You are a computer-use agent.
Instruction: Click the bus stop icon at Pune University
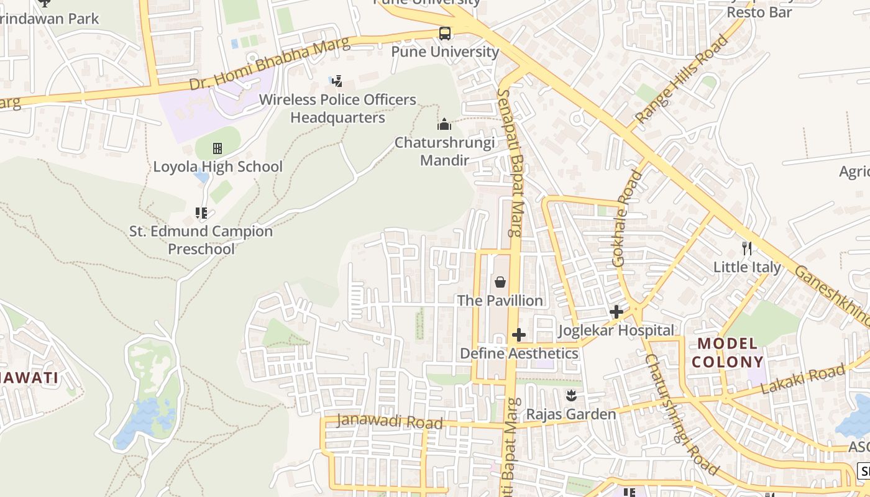[444, 34]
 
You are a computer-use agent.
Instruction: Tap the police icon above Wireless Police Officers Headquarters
[337, 81]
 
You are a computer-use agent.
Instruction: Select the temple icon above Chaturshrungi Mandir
[444, 125]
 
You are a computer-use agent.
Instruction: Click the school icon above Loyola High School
[217, 148]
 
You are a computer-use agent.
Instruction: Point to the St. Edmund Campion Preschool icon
[201, 213]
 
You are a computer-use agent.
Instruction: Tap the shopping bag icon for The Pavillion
[500, 283]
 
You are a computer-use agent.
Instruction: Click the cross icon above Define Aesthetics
[519, 335]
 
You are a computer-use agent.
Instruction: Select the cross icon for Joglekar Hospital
[616, 312]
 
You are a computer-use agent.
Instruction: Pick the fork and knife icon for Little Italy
[747, 249]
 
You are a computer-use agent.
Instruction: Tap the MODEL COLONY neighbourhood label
[728, 352]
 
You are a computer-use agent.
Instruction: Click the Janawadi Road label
[390, 422]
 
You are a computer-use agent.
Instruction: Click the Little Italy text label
[747, 267]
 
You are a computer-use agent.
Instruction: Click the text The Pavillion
[500, 301]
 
